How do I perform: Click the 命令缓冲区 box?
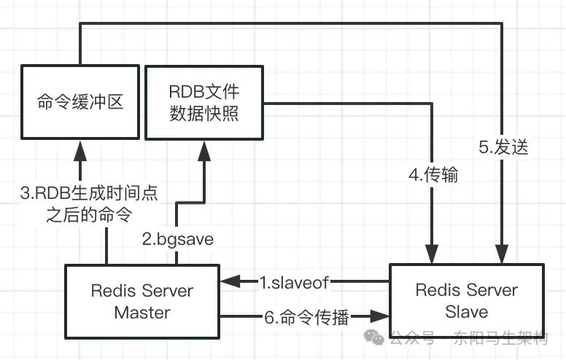pos(80,101)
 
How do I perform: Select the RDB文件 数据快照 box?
pos(203,103)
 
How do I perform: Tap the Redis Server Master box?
pos(142,301)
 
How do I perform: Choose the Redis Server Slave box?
pos(467,300)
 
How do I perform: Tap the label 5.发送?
pos(503,146)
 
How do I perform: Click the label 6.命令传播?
pos(306,316)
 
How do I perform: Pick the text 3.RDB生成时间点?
pos(90,193)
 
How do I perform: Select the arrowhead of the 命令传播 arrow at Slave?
pos(381,316)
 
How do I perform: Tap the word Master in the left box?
pos(142,313)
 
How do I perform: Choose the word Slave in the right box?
pos(467,312)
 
